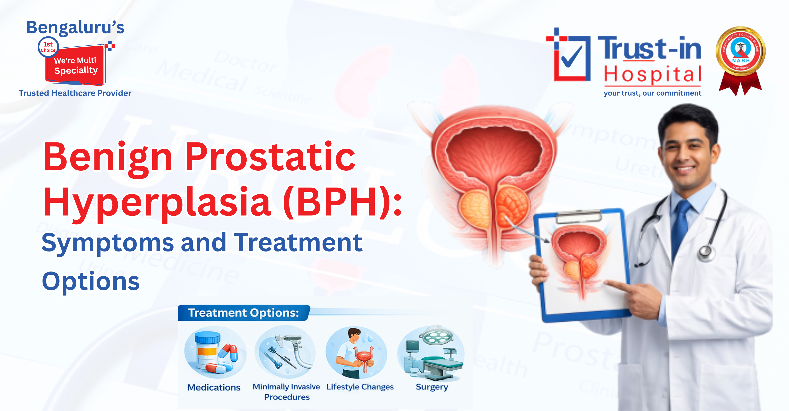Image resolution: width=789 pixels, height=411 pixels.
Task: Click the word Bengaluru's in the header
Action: (75, 28)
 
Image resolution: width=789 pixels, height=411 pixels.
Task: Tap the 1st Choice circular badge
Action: (48, 47)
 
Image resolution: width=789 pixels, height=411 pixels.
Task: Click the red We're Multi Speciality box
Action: (76, 65)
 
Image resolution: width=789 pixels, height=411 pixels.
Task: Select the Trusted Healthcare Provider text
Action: (75, 93)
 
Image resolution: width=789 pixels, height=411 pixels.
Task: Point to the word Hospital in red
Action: (652, 74)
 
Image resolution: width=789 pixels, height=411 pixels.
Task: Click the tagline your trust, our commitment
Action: (652, 93)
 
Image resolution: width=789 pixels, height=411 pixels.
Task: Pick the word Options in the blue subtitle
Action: (91, 281)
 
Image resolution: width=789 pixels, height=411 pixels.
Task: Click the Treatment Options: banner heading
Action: (243, 313)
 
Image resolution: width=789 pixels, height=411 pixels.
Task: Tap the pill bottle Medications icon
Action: (214, 352)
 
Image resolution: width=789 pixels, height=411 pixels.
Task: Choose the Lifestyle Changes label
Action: (360, 387)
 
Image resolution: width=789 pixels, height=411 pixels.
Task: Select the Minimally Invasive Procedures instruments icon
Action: (286, 352)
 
